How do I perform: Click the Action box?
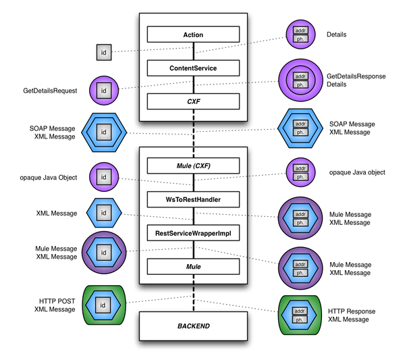(194, 34)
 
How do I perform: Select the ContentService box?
(194, 68)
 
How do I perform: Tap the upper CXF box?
(194, 101)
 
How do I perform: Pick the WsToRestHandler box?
(194, 199)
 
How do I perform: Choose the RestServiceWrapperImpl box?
(194, 233)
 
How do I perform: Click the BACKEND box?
(194, 326)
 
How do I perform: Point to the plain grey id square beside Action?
(103, 51)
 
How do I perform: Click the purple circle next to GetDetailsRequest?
(103, 89)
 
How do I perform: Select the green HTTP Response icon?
(299, 314)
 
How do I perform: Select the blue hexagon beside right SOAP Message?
(299, 128)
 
